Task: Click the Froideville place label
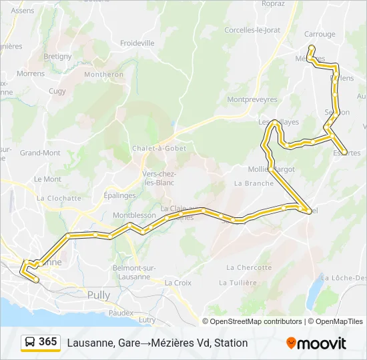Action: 138,43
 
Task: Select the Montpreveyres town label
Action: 252,99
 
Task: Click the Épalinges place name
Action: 119,195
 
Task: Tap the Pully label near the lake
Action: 99,295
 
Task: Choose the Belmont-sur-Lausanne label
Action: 134,272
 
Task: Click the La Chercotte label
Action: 249,267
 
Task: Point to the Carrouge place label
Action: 320,35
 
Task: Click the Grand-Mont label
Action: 40,153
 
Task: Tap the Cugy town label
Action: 57,91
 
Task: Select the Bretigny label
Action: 57,57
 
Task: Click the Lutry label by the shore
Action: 147,320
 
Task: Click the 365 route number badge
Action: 47,342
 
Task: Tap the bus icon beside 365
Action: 31,342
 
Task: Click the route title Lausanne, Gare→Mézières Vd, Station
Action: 157,343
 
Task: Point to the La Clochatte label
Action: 59,198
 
